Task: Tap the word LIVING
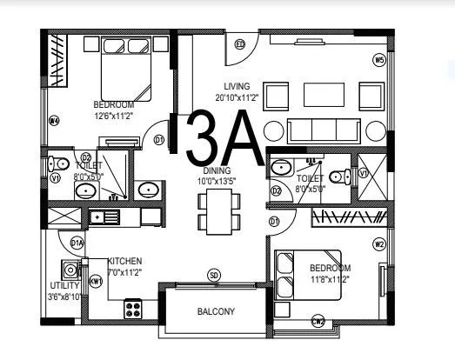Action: coord(237,86)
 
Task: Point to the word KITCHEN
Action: coord(124,261)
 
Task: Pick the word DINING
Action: coord(217,170)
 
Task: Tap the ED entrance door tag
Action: coord(240,44)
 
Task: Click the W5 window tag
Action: coord(378,60)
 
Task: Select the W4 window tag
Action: coord(54,121)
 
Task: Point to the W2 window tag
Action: coord(378,244)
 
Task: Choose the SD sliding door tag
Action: coord(213,277)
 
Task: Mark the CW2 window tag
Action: coord(318,322)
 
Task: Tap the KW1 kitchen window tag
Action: coord(96,282)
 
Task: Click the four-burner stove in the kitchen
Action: coord(133,305)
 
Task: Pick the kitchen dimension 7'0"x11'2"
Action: coord(125,271)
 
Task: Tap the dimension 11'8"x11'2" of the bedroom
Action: coord(329,279)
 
